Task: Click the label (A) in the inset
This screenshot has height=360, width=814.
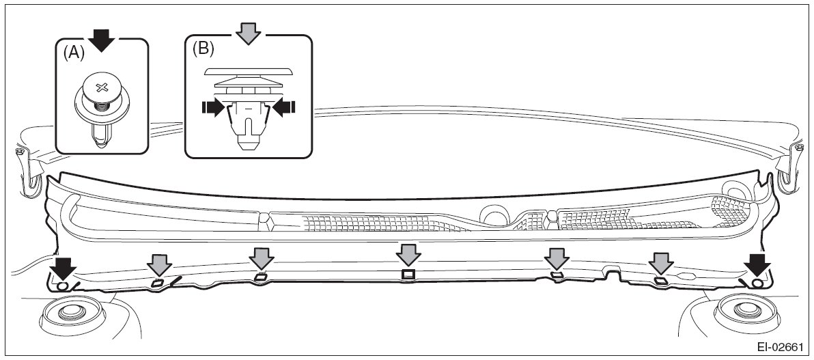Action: (x=73, y=53)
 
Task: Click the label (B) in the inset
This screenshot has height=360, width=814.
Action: (x=203, y=49)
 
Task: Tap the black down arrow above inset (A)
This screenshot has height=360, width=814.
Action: (x=102, y=40)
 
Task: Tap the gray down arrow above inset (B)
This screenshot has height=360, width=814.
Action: (x=249, y=32)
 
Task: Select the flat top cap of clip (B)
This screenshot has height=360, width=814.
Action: (x=248, y=70)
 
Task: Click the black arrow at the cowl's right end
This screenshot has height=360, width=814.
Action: (x=757, y=264)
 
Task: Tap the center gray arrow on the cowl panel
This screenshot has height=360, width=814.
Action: (x=408, y=255)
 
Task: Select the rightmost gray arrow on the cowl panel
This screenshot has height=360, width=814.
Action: (x=660, y=263)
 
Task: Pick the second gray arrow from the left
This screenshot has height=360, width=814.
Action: (x=260, y=258)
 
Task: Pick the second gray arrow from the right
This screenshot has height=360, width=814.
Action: (x=557, y=258)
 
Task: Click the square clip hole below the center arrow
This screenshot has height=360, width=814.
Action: (x=408, y=275)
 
